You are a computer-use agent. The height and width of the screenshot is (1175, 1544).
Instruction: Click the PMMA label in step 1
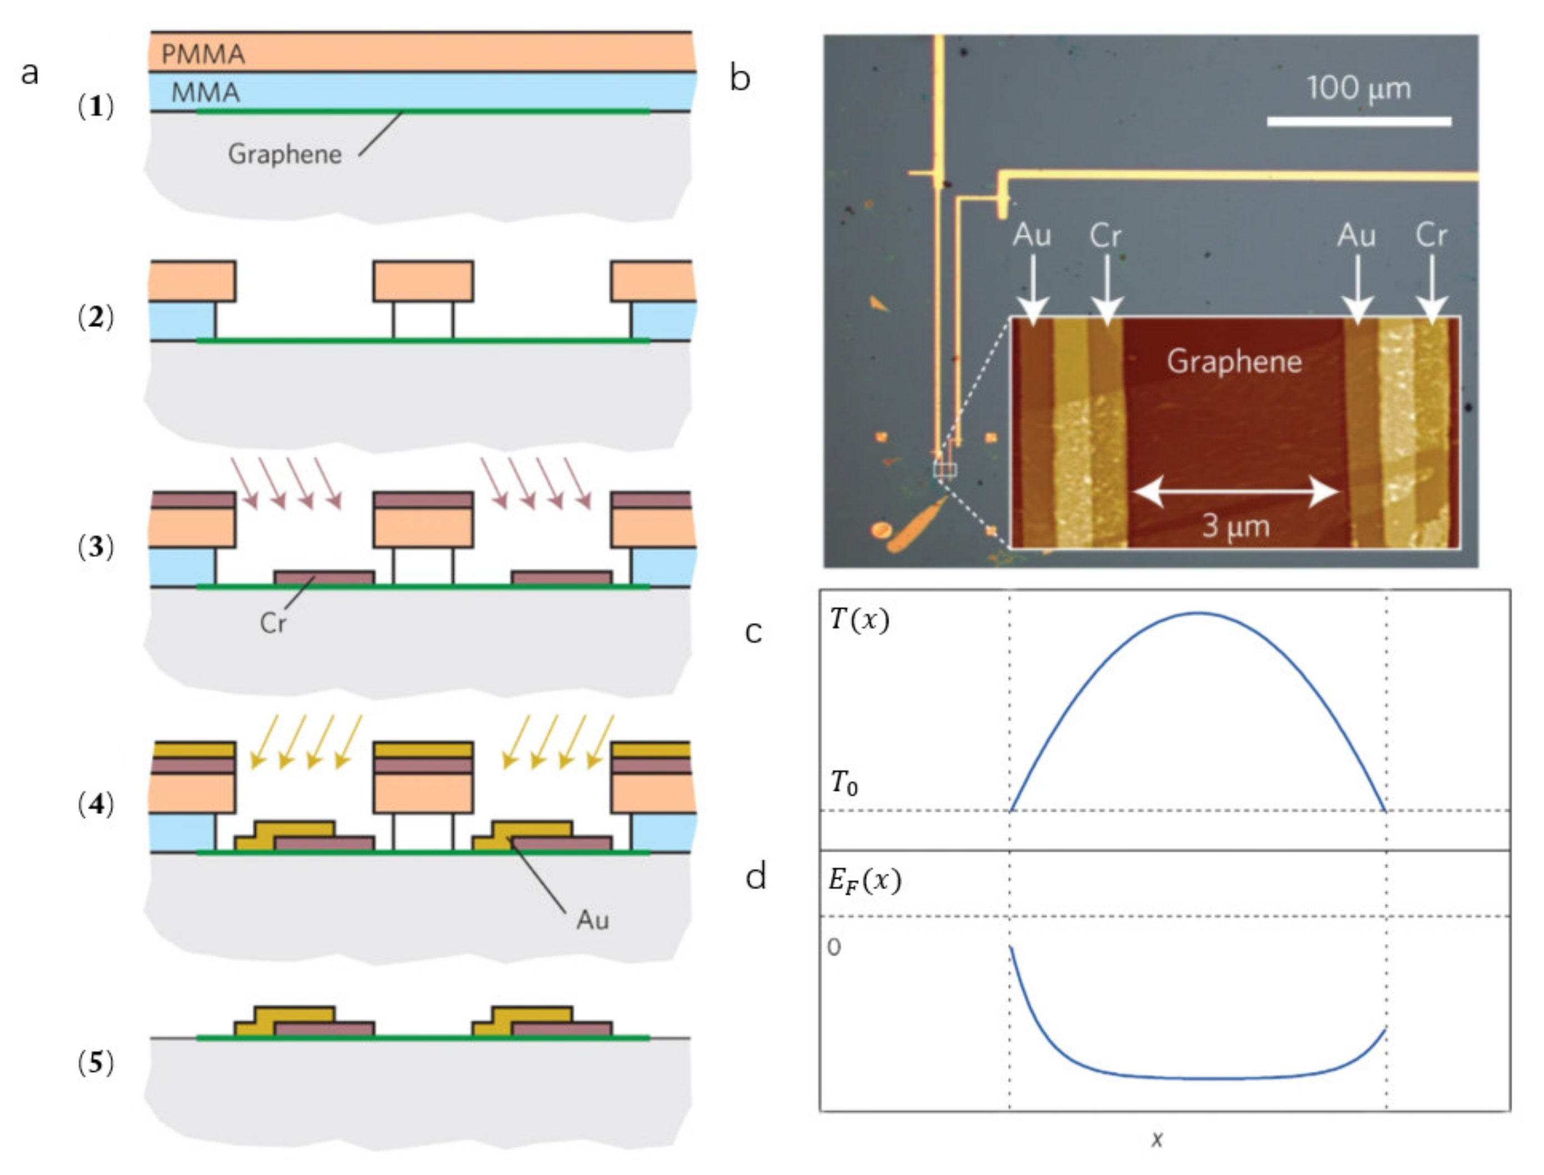tap(203, 54)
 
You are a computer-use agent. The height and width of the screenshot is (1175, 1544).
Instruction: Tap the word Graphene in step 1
tap(285, 154)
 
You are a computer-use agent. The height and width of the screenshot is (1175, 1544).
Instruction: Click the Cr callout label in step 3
tap(272, 622)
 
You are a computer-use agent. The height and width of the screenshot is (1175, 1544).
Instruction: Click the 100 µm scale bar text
tap(1358, 89)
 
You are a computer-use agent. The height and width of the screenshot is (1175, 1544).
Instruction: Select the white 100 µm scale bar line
tap(1358, 122)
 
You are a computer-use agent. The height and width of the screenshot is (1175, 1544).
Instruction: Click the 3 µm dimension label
tap(1236, 526)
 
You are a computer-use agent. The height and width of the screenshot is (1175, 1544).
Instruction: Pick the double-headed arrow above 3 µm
tap(1236, 491)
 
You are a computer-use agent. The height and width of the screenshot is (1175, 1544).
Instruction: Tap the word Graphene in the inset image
tap(1234, 361)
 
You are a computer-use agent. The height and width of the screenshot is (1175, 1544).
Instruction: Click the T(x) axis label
tap(859, 620)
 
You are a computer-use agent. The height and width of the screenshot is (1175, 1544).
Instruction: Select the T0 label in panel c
tap(844, 782)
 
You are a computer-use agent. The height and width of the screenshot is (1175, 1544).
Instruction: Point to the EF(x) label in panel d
tap(865, 881)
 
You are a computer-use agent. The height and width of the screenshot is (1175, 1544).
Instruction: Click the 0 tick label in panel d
tap(834, 947)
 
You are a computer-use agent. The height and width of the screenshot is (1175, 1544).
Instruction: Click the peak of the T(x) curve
tap(1197, 614)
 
